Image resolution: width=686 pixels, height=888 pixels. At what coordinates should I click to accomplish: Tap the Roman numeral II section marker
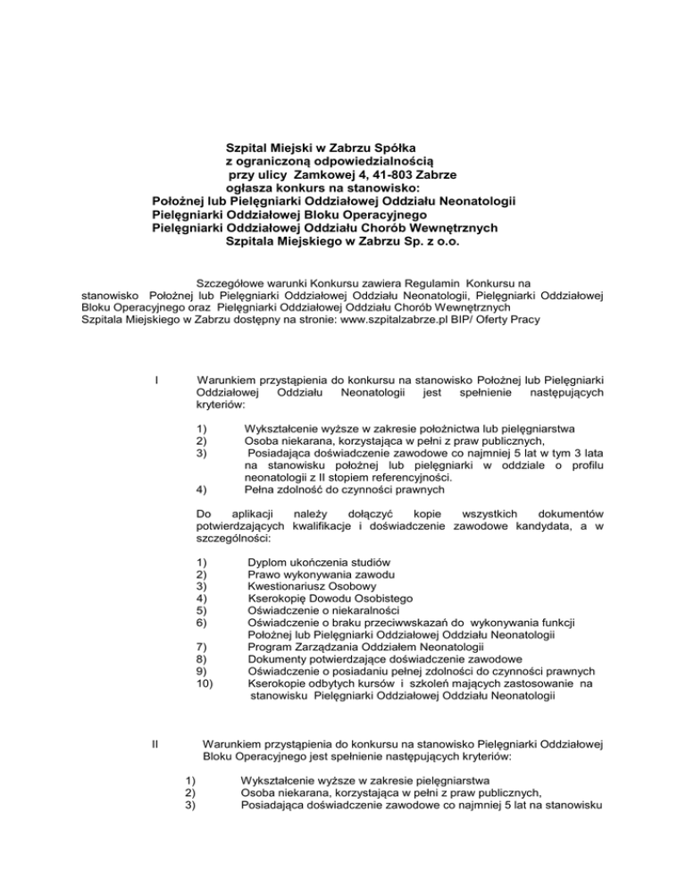[x=158, y=742]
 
